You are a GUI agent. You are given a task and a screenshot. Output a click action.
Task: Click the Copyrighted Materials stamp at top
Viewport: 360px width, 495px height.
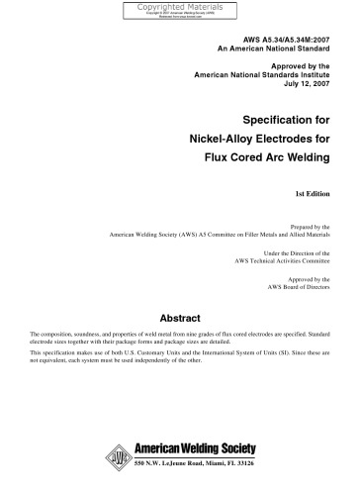point(179,10)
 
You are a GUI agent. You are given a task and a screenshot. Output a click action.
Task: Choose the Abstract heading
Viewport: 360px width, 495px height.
point(179,319)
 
